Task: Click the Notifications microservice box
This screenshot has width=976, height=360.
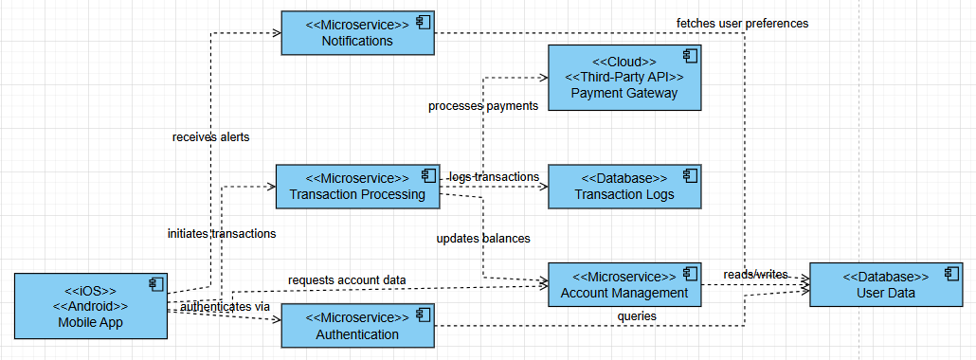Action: tap(357, 33)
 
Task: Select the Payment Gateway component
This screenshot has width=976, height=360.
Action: tap(624, 77)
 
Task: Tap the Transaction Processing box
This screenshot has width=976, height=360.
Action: tap(357, 187)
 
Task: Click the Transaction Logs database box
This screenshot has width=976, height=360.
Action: tap(624, 187)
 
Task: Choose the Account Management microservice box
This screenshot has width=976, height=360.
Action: tap(624, 285)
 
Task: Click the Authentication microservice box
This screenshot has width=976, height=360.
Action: tap(357, 326)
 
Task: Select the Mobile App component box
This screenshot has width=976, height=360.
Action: tap(90, 306)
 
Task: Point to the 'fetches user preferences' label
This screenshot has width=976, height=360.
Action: tap(742, 23)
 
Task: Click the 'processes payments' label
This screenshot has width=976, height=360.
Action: tap(483, 106)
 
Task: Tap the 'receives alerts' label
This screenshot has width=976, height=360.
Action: tap(210, 137)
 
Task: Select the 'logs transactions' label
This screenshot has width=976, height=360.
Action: tap(494, 177)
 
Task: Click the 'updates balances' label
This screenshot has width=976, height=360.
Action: tap(483, 238)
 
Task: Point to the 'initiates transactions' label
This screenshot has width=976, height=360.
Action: tap(222, 232)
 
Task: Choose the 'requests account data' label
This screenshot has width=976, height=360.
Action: tap(347, 280)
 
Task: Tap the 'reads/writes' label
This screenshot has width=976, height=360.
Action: tap(755, 274)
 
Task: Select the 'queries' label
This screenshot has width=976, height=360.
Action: tap(637, 315)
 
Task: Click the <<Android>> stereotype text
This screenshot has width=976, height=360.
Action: tap(90, 307)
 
